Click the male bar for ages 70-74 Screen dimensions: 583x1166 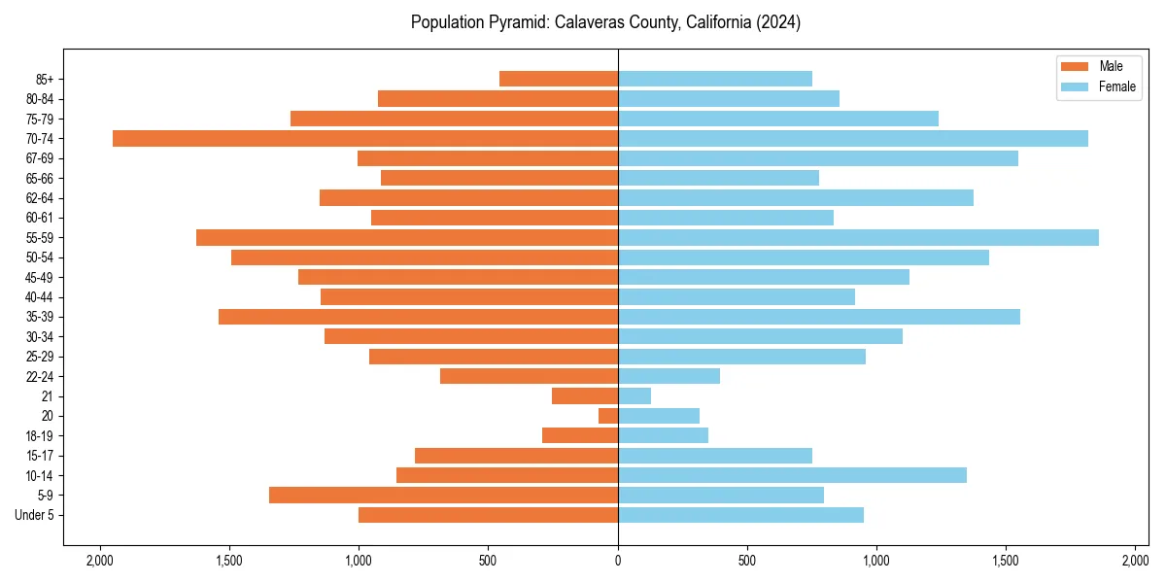coord(365,139)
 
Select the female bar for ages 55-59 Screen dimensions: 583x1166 coord(858,238)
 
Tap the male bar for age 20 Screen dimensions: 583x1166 coord(608,416)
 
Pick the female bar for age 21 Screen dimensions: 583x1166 coord(634,396)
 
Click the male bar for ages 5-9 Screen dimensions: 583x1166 coord(443,496)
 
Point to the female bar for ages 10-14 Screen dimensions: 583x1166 coord(792,475)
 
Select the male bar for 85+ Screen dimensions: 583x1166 coord(559,79)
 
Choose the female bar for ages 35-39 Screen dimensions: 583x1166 coord(819,317)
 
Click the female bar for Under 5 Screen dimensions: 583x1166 coord(740,515)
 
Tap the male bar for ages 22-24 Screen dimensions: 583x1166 coord(529,376)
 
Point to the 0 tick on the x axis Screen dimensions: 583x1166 coord(618,561)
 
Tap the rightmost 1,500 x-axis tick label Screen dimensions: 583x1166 coord(1006,561)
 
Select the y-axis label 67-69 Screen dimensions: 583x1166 coord(40,158)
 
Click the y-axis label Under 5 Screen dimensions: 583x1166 coord(34,515)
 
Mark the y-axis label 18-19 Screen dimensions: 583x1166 coord(40,436)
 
